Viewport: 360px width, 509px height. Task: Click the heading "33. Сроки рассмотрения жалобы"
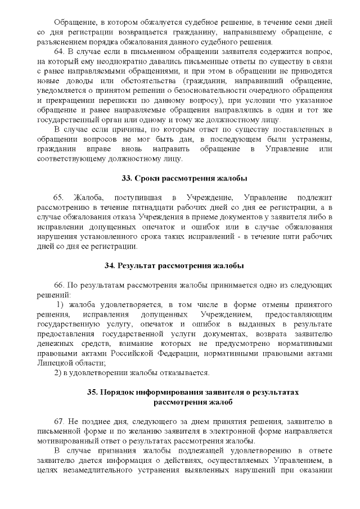[x=184, y=178]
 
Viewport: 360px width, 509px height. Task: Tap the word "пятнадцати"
[x=140, y=208]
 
